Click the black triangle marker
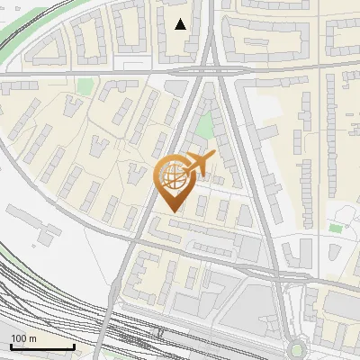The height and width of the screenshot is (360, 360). coord(181,24)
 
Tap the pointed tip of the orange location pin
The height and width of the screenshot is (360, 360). coord(171,211)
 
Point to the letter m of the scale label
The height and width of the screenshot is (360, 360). coord(33,338)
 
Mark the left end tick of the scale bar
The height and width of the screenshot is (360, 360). coord(11,346)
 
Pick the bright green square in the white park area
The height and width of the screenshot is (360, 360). coord(335,228)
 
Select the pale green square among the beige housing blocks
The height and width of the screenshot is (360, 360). coord(85,86)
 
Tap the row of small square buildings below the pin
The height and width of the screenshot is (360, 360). coord(198,209)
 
